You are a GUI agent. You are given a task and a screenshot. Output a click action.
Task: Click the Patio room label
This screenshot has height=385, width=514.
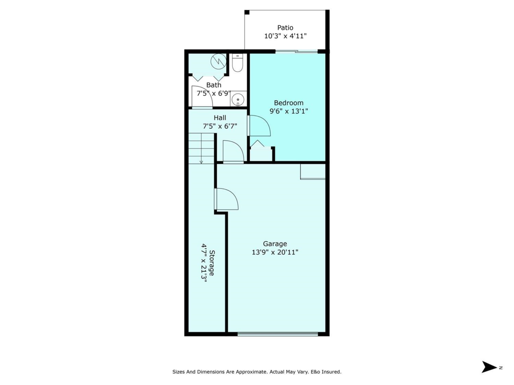[285, 28]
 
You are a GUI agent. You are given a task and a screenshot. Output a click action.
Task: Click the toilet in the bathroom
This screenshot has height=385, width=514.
[237, 63]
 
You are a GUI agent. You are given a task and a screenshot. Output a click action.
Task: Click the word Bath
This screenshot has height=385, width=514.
[214, 85]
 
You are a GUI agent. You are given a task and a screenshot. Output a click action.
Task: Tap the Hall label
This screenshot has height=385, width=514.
[220, 118]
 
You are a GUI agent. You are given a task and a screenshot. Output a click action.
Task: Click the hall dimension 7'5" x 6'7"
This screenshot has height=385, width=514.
[220, 126]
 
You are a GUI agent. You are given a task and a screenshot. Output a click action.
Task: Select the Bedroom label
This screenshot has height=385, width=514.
[289, 103]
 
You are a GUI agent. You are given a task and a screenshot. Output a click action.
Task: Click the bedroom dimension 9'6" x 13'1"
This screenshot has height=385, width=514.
[289, 111]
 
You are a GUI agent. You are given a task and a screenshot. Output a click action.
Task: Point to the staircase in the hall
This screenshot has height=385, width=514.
[201, 148]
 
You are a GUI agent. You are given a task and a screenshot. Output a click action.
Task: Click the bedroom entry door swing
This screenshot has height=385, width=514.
[259, 126]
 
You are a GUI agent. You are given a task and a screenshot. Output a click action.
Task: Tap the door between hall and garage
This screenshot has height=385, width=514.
[233, 152]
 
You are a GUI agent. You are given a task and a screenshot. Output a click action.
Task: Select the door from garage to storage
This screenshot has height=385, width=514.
[226, 199]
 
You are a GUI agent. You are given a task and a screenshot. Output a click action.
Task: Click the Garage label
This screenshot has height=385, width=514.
[275, 244]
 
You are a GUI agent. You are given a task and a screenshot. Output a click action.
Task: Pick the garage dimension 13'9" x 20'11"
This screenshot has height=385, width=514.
[275, 252]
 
